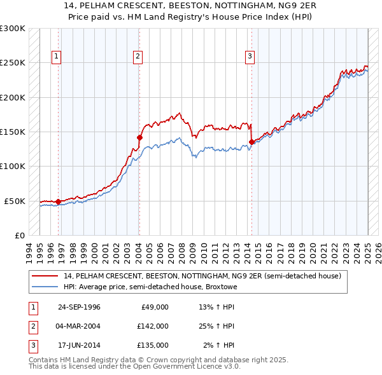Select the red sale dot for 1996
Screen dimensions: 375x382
[x=58, y=201]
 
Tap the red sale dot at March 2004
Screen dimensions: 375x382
[x=139, y=137]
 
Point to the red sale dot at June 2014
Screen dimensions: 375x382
[x=251, y=142]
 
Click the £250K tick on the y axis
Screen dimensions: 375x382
[x=13, y=63]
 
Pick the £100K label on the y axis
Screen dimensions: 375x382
[x=13, y=166]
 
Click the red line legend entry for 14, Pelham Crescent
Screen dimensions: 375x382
[x=203, y=276]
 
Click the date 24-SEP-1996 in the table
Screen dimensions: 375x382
[x=79, y=307]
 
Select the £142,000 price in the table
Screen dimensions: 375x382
[x=153, y=326]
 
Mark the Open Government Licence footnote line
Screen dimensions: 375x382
[x=134, y=367]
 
